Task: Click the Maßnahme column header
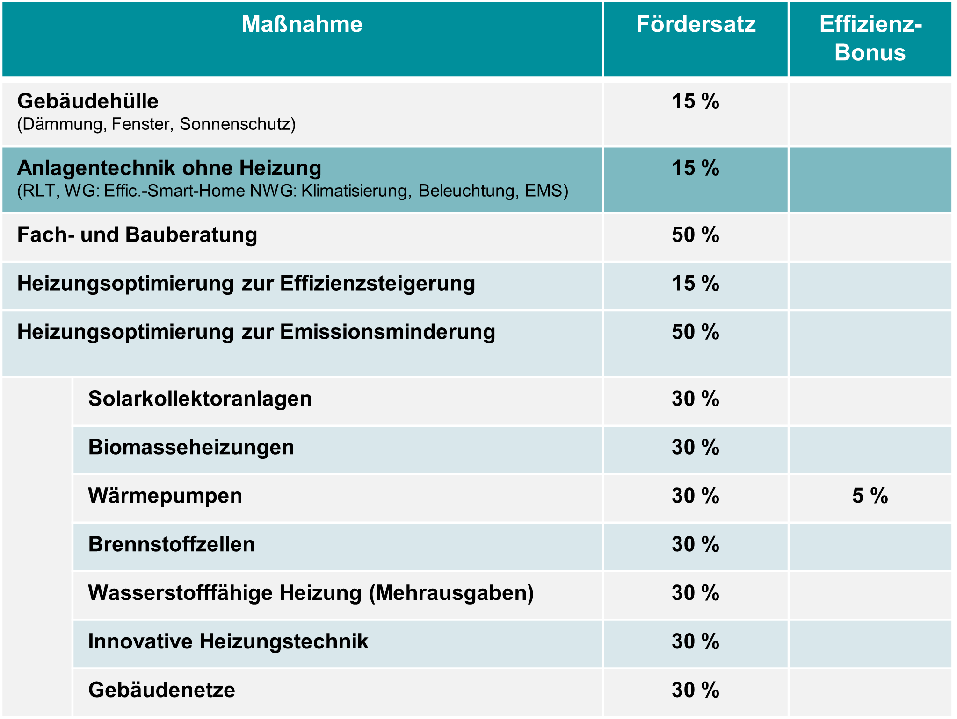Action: click(302, 24)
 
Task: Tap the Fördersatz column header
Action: click(696, 24)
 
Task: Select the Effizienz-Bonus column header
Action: click(870, 38)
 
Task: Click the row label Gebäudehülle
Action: click(88, 101)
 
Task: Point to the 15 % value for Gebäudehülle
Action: click(696, 101)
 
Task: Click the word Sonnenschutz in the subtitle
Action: click(238, 124)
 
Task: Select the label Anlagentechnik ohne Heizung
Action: click(169, 168)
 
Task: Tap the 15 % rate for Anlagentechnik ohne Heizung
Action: click(696, 168)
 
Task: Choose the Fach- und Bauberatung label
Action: click(137, 235)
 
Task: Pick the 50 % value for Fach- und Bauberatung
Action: click(696, 235)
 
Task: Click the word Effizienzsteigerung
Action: click(377, 284)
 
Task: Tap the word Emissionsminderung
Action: click(387, 332)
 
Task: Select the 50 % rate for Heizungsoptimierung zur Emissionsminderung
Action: click(696, 332)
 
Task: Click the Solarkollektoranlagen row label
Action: click(200, 399)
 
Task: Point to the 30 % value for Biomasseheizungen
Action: click(696, 448)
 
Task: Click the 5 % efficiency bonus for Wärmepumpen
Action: click(870, 496)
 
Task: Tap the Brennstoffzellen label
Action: click(171, 545)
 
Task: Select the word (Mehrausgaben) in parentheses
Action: click(451, 593)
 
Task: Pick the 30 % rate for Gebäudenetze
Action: click(696, 691)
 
